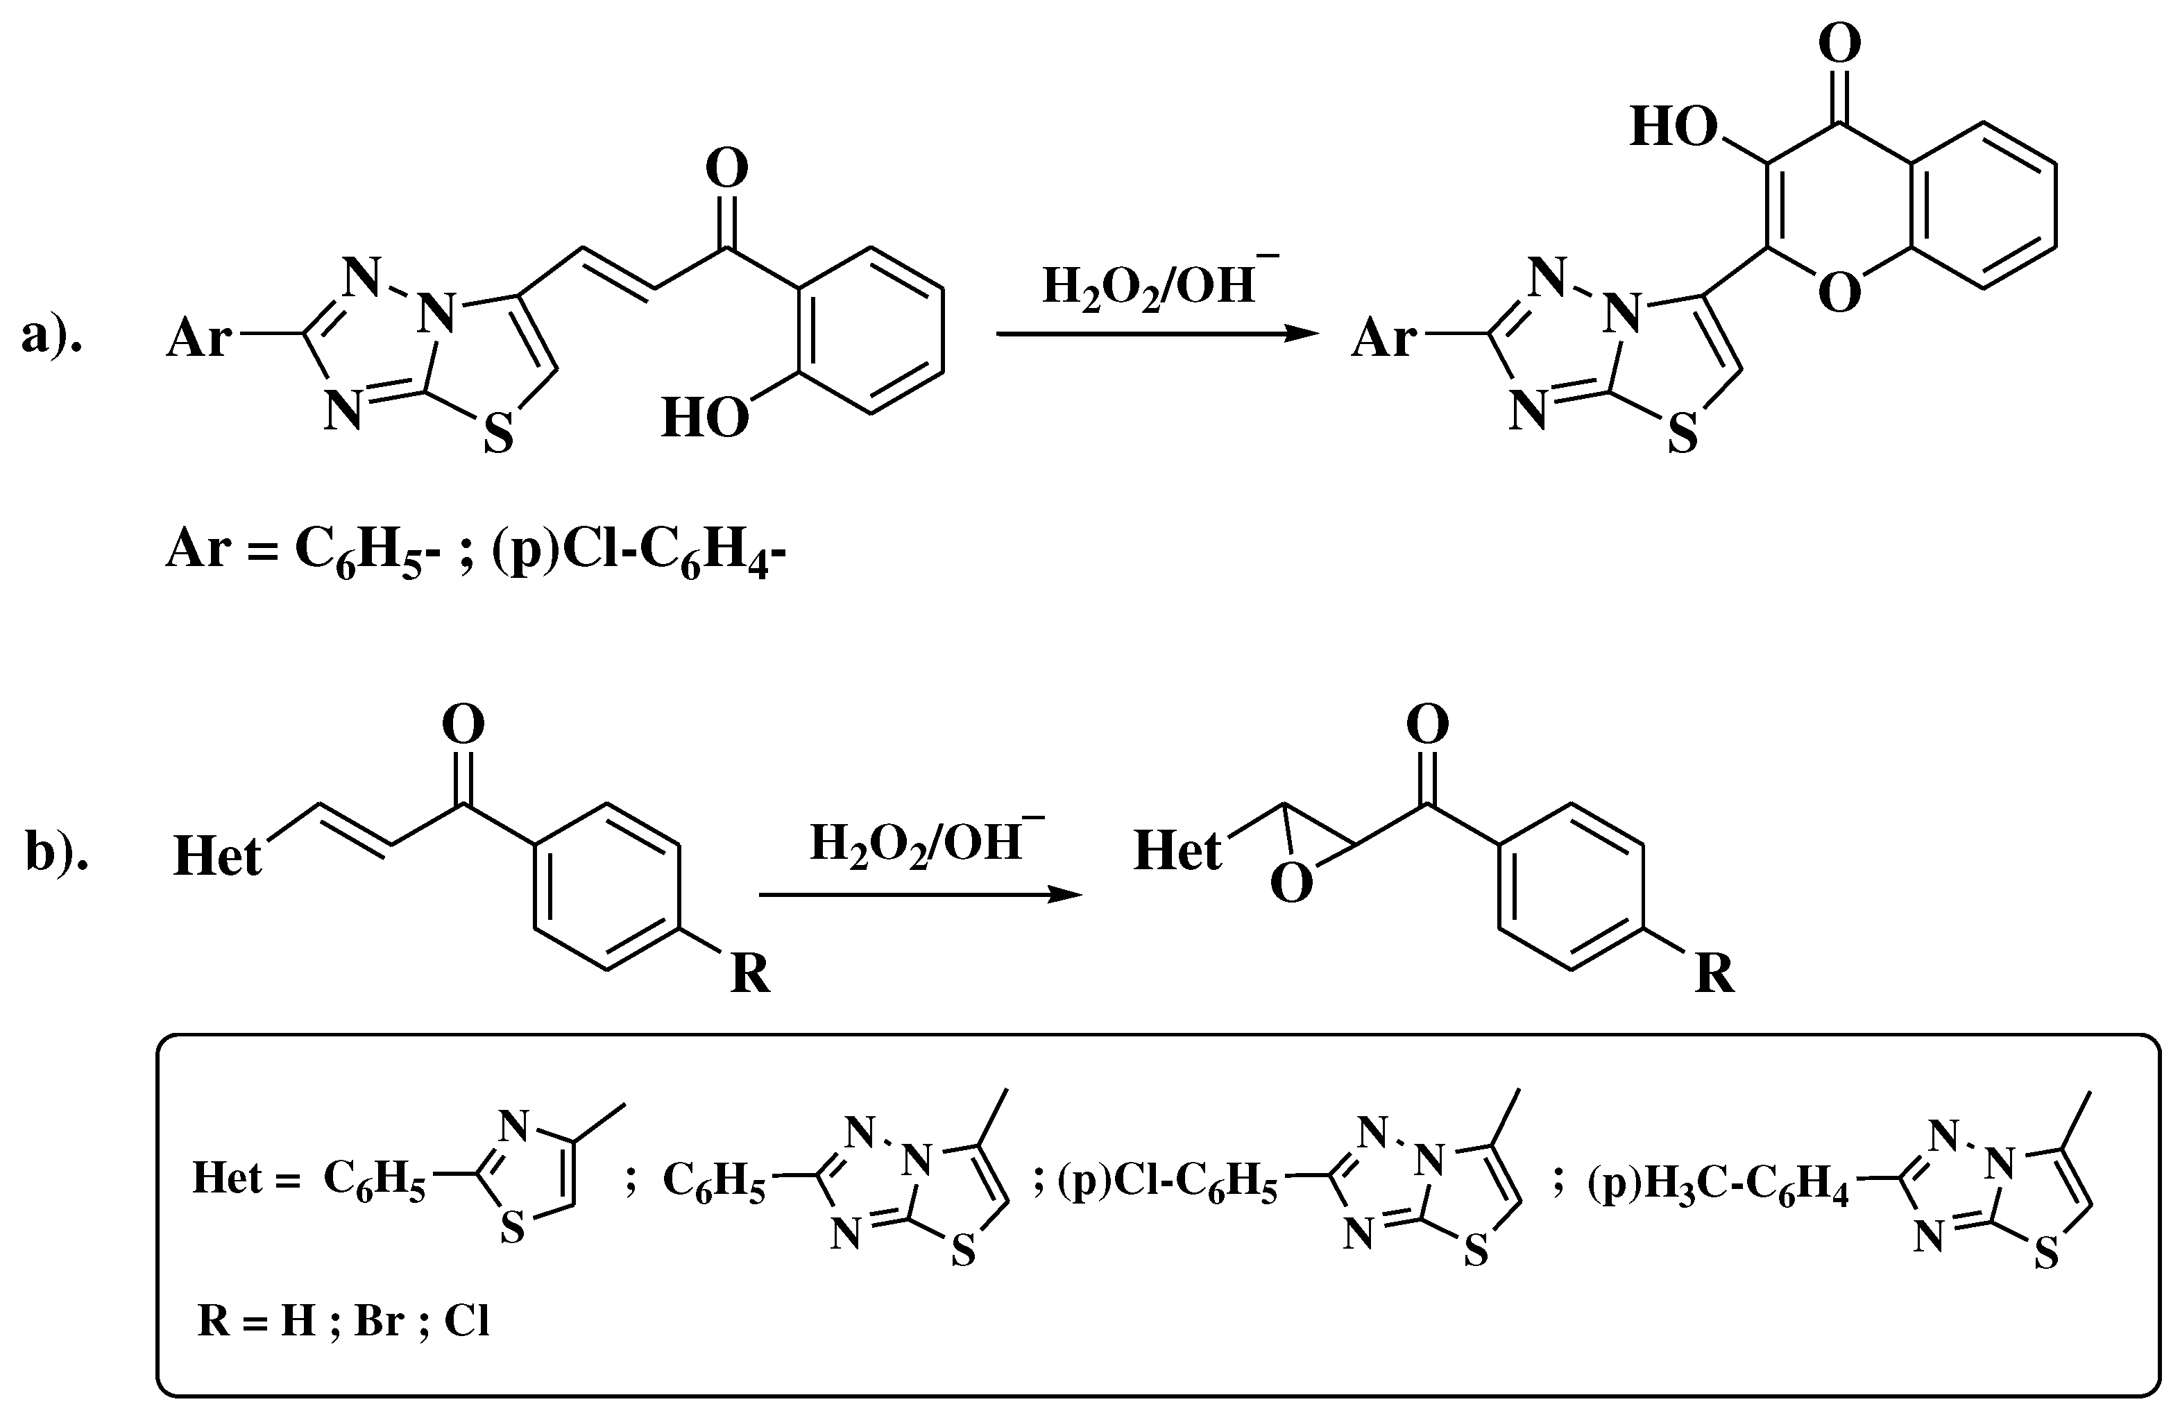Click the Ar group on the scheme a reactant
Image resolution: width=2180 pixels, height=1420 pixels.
point(198,339)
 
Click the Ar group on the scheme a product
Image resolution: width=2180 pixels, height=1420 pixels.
point(1383,339)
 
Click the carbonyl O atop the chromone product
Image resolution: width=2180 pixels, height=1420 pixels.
point(1839,43)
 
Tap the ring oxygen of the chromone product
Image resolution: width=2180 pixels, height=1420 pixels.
point(1839,293)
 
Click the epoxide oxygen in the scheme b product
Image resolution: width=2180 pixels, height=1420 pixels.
point(1291,884)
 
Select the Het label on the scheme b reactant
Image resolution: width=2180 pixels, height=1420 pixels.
point(217,856)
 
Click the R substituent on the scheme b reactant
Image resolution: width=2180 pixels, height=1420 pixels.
point(750,973)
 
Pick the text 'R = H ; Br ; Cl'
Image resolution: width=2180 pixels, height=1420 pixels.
point(343,1321)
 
